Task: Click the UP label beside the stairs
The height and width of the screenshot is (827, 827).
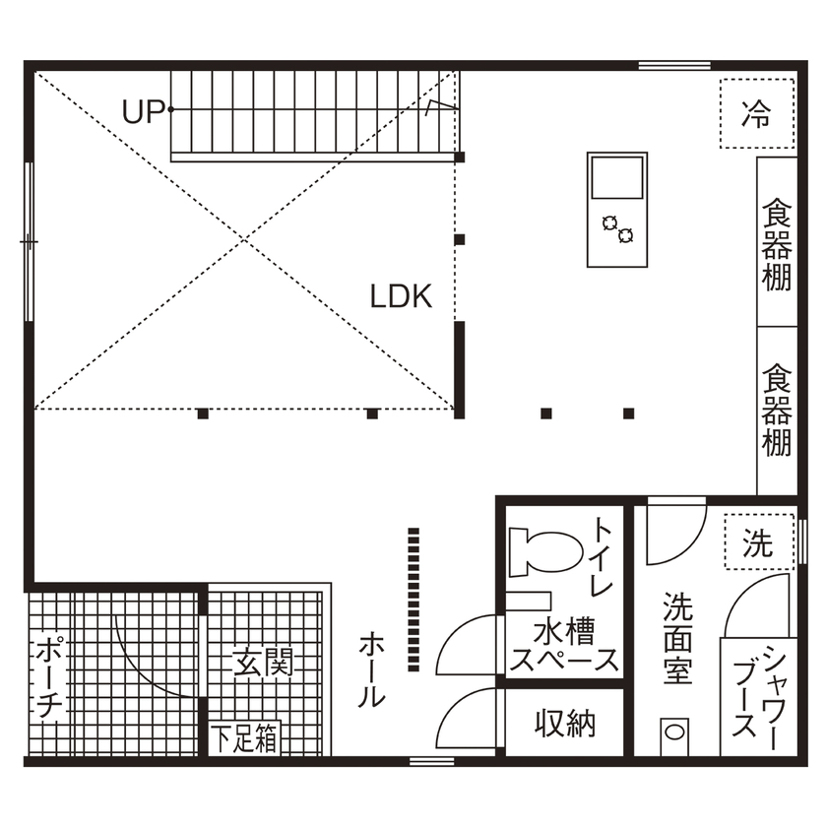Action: pos(142,112)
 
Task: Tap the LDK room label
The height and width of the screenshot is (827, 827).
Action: pos(401,296)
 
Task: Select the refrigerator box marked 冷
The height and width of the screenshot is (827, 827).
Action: pos(756,114)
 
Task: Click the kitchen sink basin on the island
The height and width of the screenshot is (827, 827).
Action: pos(616,180)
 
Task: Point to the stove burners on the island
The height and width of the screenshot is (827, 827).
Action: pos(617,228)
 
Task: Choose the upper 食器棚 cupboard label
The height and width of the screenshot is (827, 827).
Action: pos(777,244)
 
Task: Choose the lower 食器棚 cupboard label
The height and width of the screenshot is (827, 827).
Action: pos(777,411)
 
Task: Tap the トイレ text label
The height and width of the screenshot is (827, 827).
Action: pos(602,556)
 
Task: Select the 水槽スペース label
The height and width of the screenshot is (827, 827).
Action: pos(563,645)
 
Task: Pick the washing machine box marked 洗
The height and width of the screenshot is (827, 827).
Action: pos(757,542)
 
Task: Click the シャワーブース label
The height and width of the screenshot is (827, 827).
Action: pos(758,695)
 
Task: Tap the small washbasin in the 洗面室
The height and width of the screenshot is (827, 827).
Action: pos(672,732)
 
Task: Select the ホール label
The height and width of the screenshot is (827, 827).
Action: pos(370,669)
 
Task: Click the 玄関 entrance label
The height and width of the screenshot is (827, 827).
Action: pos(263,662)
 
